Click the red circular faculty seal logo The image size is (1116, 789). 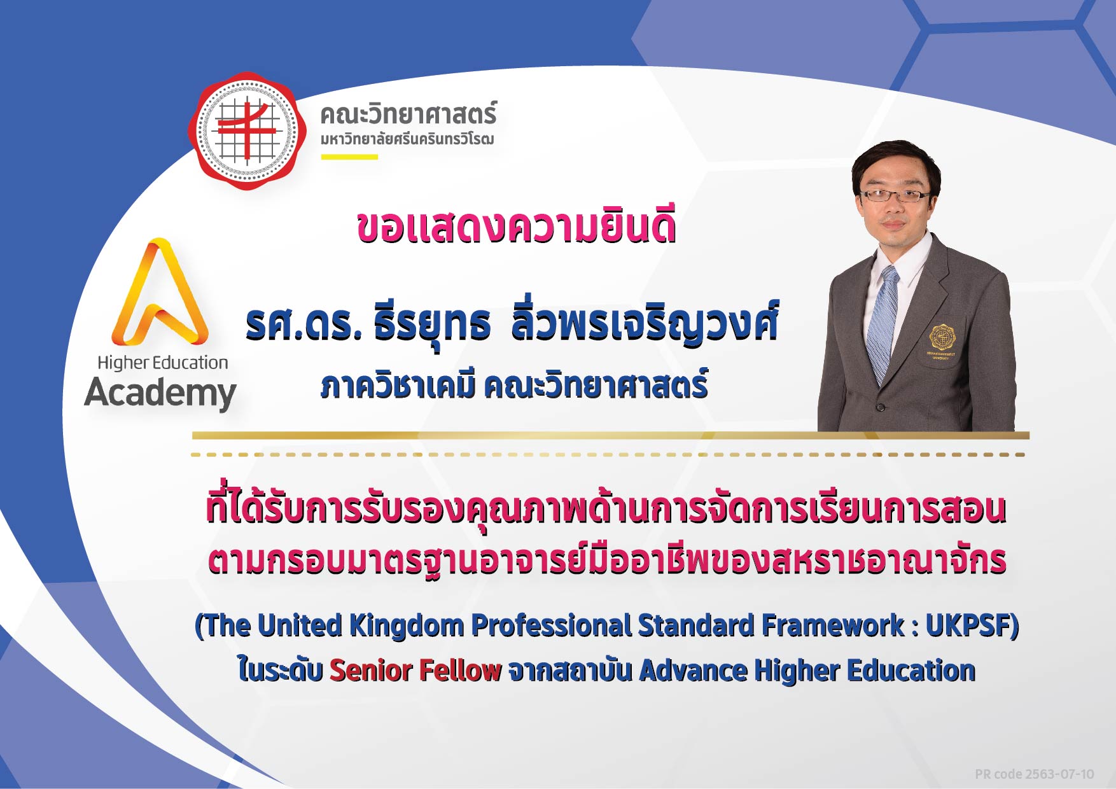click(x=247, y=130)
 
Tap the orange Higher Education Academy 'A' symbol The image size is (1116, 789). click(x=160, y=293)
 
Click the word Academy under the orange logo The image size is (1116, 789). click(x=160, y=393)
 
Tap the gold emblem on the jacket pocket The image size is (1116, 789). click(x=942, y=337)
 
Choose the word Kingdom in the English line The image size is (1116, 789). click(x=407, y=626)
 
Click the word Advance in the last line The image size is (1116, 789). click(x=693, y=671)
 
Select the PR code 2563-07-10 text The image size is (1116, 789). click(x=1035, y=774)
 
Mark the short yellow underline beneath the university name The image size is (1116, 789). click(x=349, y=157)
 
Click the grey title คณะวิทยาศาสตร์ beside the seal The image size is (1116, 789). click(x=408, y=115)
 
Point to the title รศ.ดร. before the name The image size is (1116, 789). click(x=303, y=325)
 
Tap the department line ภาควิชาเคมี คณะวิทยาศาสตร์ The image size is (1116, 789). click(x=514, y=386)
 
